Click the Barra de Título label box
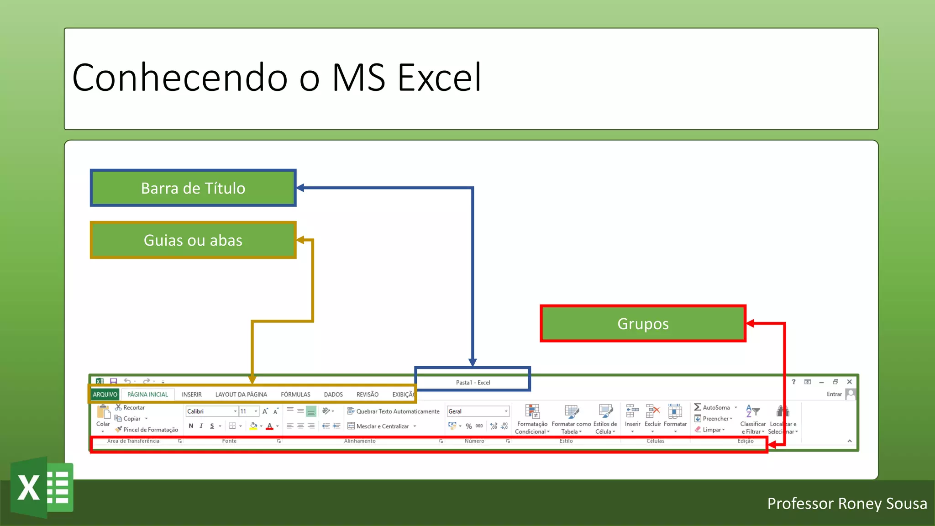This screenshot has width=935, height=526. click(193, 188)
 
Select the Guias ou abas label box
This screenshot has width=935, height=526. click(193, 240)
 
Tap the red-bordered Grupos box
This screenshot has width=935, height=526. click(643, 324)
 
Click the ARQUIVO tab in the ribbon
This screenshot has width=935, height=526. click(105, 394)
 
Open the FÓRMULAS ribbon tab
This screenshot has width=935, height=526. click(295, 394)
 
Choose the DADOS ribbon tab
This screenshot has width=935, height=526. click(333, 394)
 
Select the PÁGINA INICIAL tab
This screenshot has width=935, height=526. click(147, 394)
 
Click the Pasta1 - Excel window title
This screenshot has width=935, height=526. click(473, 383)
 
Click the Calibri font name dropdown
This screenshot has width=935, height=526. click(211, 411)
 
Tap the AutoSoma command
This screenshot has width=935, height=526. click(715, 407)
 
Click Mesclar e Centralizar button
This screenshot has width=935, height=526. click(382, 426)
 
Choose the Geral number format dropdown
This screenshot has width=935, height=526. click(478, 411)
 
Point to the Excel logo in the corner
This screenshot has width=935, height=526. click(42, 487)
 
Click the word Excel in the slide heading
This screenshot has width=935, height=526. click(439, 78)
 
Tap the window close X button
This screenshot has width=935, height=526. click(849, 382)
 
